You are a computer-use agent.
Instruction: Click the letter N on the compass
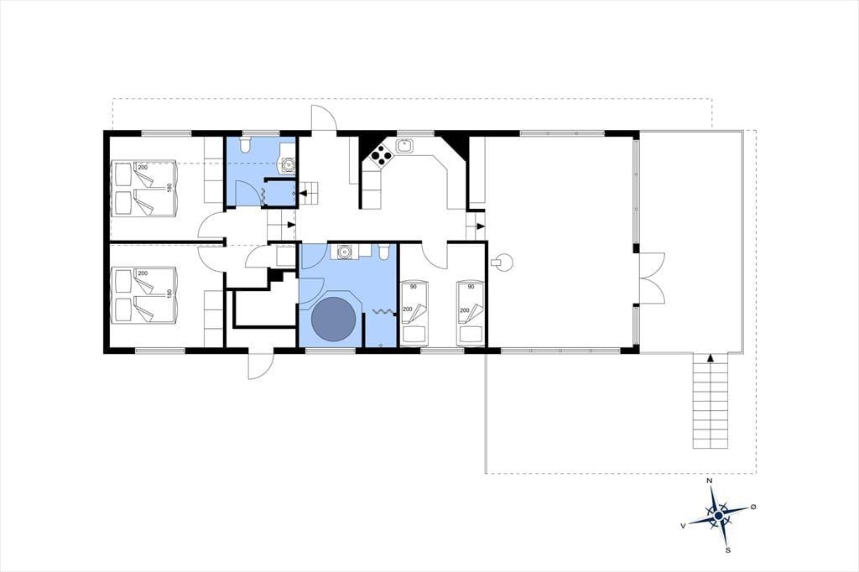click(x=710, y=481)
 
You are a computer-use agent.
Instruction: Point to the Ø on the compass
click(x=753, y=507)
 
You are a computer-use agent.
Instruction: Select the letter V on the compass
click(x=683, y=525)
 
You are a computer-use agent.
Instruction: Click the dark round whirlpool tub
click(x=333, y=320)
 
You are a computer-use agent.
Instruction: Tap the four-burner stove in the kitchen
click(x=381, y=156)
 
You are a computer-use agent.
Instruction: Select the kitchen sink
click(x=404, y=146)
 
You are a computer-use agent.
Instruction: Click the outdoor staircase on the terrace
click(x=711, y=401)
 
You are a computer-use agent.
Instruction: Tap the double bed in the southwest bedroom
click(x=143, y=294)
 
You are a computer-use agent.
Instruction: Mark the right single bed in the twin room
click(x=470, y=314)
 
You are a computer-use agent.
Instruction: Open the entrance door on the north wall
click(x=324, y=118)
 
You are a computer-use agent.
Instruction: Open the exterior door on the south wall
click(x=260, y=366)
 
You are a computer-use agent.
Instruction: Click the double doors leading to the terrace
click(x=652, y=278)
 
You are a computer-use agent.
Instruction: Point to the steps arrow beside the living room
click(x=481, y=226)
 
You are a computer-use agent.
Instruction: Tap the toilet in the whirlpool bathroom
click(x=384, y=252)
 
